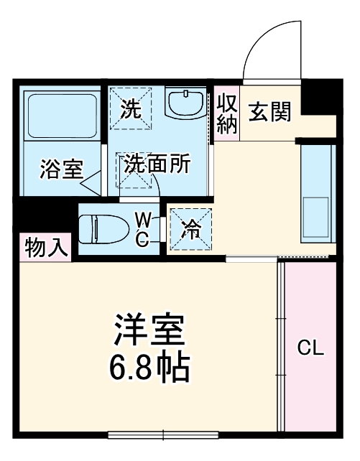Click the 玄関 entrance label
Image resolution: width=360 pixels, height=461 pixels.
click(x=270, y=111)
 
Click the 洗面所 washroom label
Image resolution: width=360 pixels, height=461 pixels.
click(x=157, y=164)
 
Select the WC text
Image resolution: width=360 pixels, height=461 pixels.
click(x=143, y=229)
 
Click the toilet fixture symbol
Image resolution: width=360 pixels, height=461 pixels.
click(x=101, y=229)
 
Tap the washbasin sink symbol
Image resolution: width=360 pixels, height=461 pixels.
click(x=187, y=104)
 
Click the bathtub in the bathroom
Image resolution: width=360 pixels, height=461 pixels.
click(x=61, y=115)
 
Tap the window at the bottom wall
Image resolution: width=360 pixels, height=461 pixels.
click(x=163, y=434)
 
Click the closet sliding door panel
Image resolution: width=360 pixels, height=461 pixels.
click(x=282, y=345)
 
